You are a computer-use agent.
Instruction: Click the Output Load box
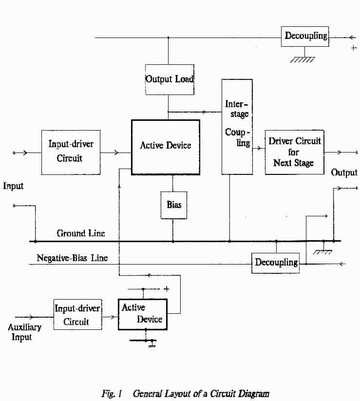pyautogui.click(x=170, y=79)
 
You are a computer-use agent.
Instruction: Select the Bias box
pyautogui.click(x=173, y=205)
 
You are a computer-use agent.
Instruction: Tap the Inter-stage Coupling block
pyautogui.click(x=237, y=127)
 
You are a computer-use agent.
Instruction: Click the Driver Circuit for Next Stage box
pyautogui.click(x=294, y=152)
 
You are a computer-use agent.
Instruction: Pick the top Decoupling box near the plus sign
pyautogui.click(x=305, y=36)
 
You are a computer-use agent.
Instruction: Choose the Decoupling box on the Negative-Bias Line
pyautogui.click(x=275, y=263)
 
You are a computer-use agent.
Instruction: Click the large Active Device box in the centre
pyautogui.click(x=166, y=146)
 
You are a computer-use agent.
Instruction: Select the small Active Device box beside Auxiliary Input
pyautogui.click(x=142, y=314)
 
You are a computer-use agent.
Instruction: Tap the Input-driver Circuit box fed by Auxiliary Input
pyautogui.click(x=78, y=315)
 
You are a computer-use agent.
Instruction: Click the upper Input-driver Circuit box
pyautogui.click(x=71, y=152)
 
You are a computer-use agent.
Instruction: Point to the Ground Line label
pyautogui.click(x=81, y=233)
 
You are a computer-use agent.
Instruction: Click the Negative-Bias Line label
pyautogui.click(x=72, y=258)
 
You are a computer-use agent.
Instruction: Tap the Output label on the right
pyautogui.click(x=344, y=172)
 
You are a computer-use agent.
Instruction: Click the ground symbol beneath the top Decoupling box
pyautogui.click(x=302, y=59)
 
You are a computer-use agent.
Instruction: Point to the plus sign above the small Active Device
pyautogui.click(x=167, y=288)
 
